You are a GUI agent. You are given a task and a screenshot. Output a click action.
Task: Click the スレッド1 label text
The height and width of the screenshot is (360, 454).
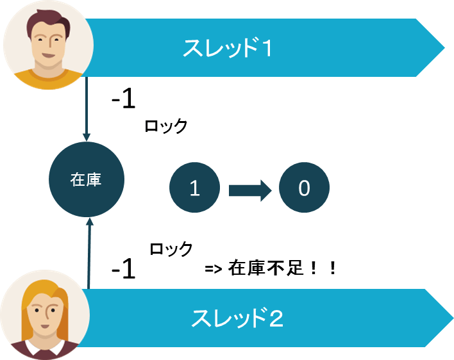click(228, 48)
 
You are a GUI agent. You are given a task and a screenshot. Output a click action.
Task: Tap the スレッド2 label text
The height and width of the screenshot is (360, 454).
click(237, 318)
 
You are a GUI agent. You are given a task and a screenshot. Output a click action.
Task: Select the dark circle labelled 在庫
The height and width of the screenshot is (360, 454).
click(87, 179)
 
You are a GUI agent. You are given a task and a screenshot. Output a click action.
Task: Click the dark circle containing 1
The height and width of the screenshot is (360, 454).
click(194, 188)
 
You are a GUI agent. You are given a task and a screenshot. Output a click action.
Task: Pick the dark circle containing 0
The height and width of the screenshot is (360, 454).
click(304, 188)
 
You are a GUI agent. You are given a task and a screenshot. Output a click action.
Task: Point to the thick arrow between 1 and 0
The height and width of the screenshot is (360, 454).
click(250, 190)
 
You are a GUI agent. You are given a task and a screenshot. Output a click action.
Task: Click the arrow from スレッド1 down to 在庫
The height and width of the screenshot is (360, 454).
click(87, 109)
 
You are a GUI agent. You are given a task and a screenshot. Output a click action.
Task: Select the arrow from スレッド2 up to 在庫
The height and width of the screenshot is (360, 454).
click(89, 253)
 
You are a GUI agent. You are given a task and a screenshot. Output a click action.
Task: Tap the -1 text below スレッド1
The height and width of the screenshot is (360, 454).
click(124, 98)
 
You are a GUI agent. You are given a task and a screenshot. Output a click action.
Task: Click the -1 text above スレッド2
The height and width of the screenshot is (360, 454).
click(124, 268)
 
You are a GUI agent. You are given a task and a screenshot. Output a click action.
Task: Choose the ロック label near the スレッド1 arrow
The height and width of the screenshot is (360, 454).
click(166, 126)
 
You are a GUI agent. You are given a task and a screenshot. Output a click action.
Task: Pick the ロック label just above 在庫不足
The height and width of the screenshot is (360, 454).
click(171, 249)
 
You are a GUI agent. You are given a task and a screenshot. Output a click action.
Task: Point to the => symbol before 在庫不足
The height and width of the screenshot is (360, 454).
click(214, 269)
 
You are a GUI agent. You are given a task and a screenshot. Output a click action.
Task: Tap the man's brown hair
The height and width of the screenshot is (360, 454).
click(48, 22)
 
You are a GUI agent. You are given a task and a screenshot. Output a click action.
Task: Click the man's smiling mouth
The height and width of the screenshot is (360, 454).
click(48, 55)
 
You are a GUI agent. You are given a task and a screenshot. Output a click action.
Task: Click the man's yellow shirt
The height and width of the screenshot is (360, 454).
click(48, 79)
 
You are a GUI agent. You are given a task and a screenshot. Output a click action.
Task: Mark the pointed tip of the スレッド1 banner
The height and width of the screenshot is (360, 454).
click(444, 47)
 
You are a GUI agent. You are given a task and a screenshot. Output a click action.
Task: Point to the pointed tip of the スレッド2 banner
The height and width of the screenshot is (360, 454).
click(453, 318)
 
